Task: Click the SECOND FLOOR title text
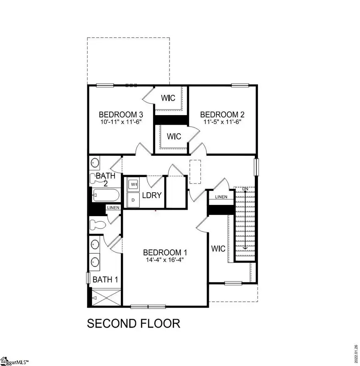pyautogui.click(x=134, y=323)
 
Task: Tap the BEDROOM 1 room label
pyautogui.click(x=165, y=253)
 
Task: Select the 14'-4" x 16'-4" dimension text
pyautogui.click(x=165, y=260)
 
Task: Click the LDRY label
pyautogui.click(x=152, y=195)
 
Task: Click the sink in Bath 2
pyautogui.click(x=95, y=163)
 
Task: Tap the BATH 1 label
pyautogui.click(x=105, y=280)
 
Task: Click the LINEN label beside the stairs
pyautogui.click(x=221, y=197)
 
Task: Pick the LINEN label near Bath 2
pyautogui.click(x=113, y=207)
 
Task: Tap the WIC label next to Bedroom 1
pyautogui.click(x=218, y=249)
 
